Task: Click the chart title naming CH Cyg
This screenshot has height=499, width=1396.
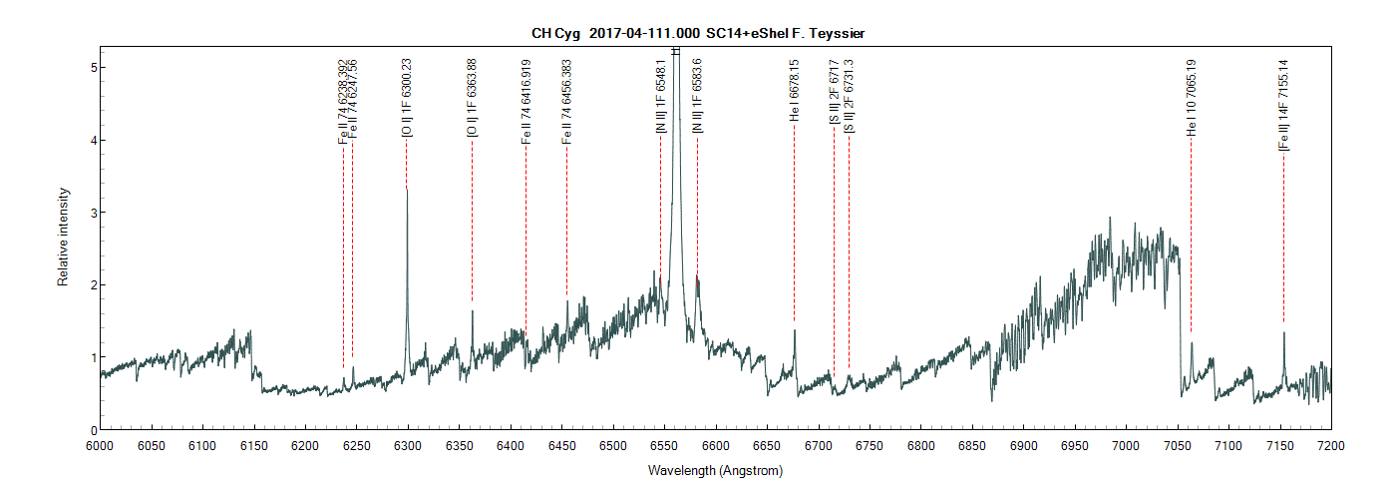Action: click(x=698, y=33)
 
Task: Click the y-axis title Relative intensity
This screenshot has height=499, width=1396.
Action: click(x=63, y=237)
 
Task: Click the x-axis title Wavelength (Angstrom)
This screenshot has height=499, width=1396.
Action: click(x=715, y=470)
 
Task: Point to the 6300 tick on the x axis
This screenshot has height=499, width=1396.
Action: click(x=407, y=444)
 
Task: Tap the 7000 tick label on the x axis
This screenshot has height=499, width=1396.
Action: click(x=1126, y=444)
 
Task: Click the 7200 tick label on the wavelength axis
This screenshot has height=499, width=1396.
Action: click(x=1331, y=444)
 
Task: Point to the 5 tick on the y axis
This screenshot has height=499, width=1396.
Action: click(x=90, y=68)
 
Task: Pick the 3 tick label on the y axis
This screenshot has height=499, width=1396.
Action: click(x=90, y=213)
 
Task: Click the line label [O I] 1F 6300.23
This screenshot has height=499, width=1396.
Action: click(x=407, y=97)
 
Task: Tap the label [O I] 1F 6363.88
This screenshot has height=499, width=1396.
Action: click(x=473, y=97)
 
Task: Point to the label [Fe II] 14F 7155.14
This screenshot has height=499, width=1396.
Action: click(x=1284, y=104)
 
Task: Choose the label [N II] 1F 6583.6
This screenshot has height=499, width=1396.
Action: click(x=698, y=96)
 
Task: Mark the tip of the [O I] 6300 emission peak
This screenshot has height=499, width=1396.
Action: click(x=407, y=188)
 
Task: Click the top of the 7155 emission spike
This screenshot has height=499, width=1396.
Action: click(x=1284, y=332)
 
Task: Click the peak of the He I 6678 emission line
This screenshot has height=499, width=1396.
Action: click(x=795, y=330)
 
